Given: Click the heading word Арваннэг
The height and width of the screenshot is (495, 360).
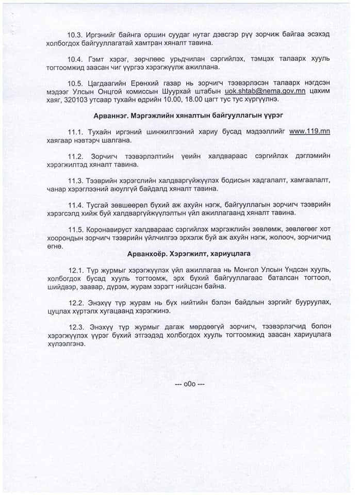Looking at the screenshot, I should (112, 114).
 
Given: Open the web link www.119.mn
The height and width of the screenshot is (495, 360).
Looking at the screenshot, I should (309, 131).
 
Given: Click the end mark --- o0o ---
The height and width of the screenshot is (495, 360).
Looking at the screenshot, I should (190, 385).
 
